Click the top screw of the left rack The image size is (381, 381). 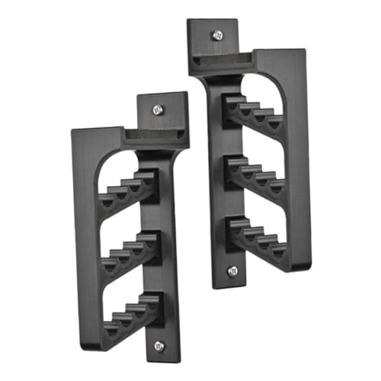pos(158,110)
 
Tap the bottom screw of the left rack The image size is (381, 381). pos(159,345)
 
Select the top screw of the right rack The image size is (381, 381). pos(218,34)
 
